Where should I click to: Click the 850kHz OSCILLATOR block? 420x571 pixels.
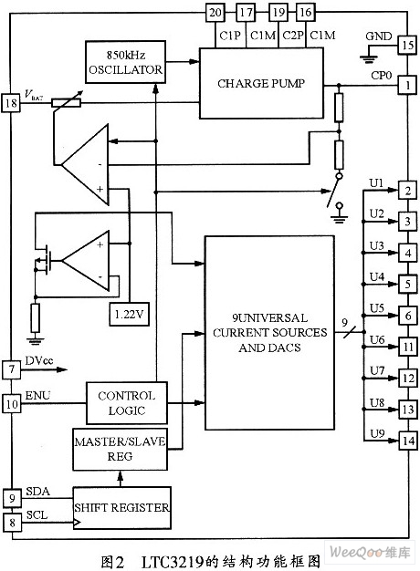tap(125, 62)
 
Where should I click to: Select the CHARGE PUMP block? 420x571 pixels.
tap(261, 83)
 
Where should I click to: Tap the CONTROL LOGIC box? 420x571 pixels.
tap(127, 403)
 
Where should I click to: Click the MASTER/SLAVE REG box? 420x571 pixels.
tap(120, 449)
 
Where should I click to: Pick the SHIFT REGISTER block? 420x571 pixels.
tap(121, 508)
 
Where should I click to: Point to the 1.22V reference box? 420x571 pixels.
tap(130, 314)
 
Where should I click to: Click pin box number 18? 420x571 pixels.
tap(11, 103)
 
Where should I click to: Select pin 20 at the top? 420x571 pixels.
tap(215, 13)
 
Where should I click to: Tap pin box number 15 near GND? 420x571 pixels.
tap(407, 46)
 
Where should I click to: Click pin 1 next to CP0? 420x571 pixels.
tap(407, 85)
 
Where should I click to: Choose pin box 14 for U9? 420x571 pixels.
tap(408, 441)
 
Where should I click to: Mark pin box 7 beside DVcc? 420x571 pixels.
tap(12, 369)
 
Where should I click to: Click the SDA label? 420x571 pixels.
tap(37, 492)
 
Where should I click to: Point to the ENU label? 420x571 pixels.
tap(38, 396)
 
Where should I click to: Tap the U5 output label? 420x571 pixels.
tap(377, 308)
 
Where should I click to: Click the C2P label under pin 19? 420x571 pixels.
tap(293, 36)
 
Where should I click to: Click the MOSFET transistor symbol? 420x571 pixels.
tap(42, 260)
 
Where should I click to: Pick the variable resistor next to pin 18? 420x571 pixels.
tap(67, 102)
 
